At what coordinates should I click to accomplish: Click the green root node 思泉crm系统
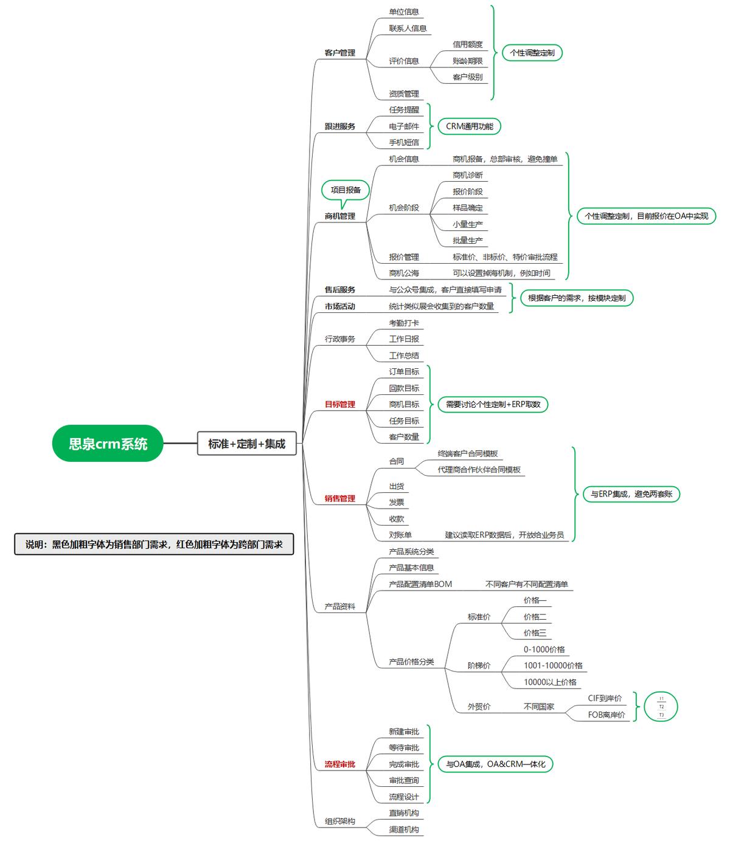point(108,444)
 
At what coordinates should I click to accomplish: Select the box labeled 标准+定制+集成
point(246,444)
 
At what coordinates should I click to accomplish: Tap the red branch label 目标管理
point(339,405)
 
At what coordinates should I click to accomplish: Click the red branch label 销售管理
point(339,499)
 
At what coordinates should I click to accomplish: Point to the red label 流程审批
point(339,764)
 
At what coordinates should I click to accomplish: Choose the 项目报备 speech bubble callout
point(346,190)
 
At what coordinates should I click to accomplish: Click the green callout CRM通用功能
point(470,126)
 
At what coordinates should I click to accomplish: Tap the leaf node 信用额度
point(467,44)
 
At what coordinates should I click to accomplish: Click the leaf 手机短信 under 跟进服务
point(404,143)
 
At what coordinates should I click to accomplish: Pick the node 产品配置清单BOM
point(420,585)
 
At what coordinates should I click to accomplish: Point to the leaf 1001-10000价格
point(553,666)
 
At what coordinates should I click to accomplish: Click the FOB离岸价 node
point(606,715)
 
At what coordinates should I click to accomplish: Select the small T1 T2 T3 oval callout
point(661,707)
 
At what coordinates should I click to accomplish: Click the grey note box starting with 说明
point(154,544)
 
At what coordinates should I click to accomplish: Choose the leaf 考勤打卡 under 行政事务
point(404,323)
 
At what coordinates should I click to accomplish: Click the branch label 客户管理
point(339,53)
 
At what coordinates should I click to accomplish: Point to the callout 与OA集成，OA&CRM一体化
point(495,764)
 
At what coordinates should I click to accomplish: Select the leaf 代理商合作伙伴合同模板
point(479,470)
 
